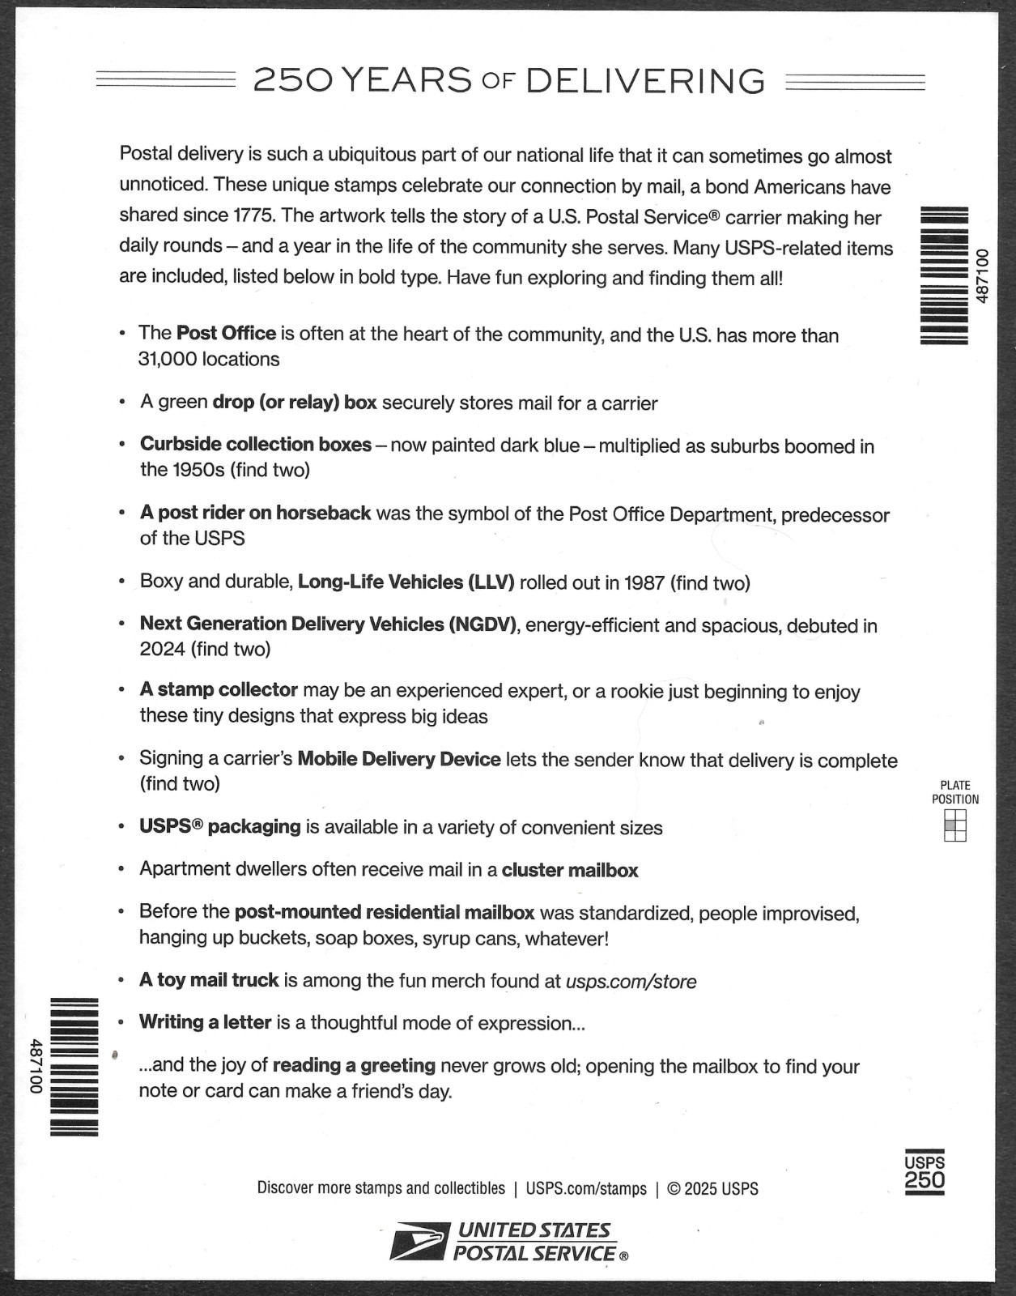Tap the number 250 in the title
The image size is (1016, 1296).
pos(292,81)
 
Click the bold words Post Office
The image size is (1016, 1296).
pos(226,333)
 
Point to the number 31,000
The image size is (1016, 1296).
pos(168,359)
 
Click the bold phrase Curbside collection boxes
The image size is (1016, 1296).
pos(255,445)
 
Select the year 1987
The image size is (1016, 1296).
pos(644,582)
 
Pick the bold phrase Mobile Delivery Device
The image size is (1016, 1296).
pos(399,759)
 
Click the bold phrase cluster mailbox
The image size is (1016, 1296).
pos(570,870)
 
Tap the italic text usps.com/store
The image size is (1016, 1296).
pos(631,981)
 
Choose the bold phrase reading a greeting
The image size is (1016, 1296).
pos(354,1065)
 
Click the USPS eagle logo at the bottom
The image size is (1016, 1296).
pos(418,1242)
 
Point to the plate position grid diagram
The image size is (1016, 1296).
pos(955,826)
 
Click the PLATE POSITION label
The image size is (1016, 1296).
pos(955,792)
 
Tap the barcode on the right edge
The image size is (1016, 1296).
pos(945,276)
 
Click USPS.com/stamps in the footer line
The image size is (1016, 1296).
pos(586,1188)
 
